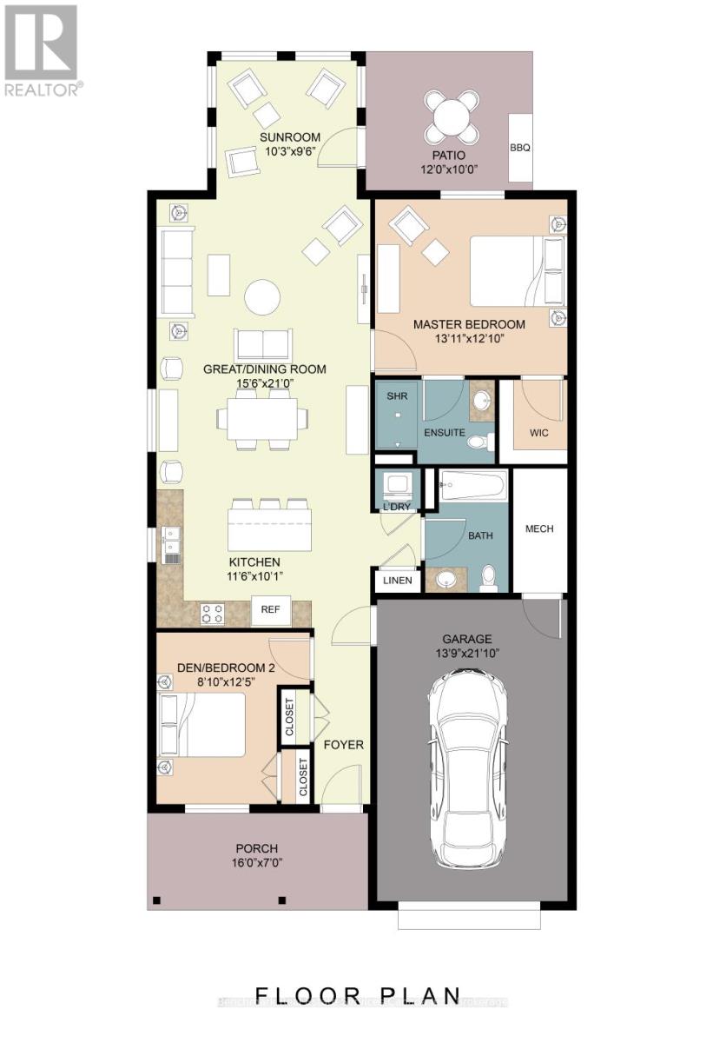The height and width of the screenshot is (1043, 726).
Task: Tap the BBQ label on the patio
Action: pos(520,148)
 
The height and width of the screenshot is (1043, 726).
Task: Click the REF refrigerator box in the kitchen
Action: pos(270,610)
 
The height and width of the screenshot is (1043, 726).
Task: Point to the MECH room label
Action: pos(538,528)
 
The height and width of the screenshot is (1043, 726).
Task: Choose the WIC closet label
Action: pos(538,432)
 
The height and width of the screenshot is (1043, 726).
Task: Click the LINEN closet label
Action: pos(398,581)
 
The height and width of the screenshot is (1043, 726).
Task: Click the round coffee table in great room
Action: pos(262,297)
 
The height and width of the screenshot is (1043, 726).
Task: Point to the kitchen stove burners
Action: pos(213,614)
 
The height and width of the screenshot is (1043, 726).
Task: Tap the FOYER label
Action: pos(343,745)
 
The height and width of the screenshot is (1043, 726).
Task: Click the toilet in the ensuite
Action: pos(476,442)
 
